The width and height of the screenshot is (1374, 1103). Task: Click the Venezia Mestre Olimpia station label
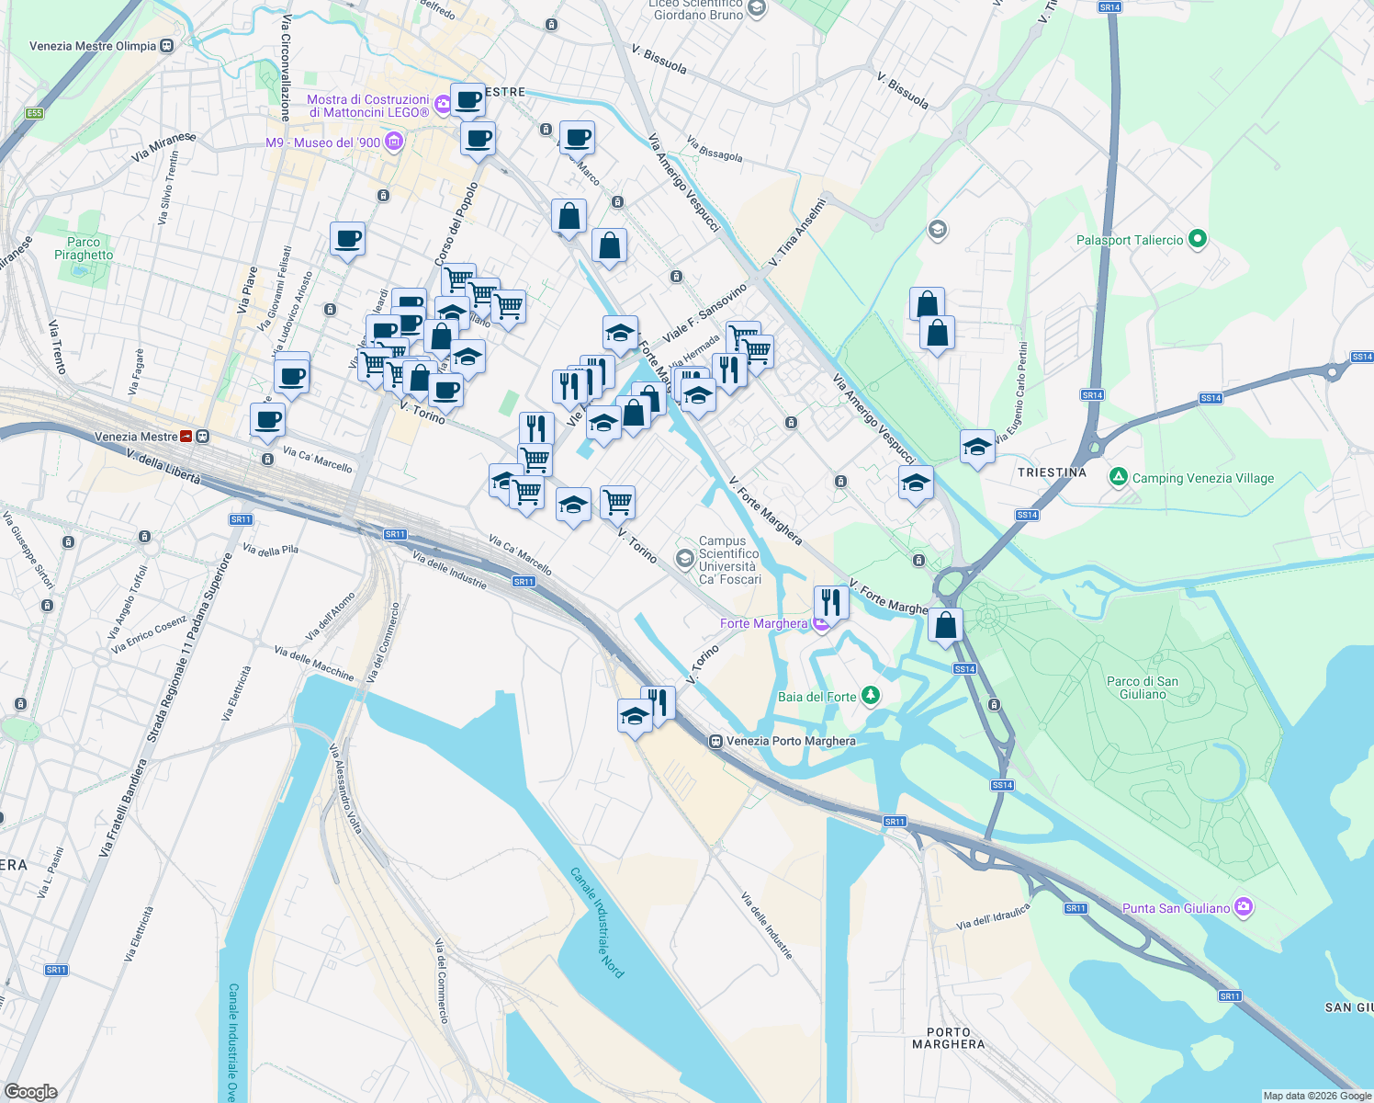tap(93, 46)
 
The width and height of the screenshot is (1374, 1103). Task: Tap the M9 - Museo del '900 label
tap(322, 142)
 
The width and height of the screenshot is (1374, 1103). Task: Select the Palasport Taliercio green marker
tap(1197, 240)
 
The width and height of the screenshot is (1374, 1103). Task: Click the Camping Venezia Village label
tap(1202, 478)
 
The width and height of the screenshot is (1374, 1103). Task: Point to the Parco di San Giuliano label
tap(1143, 688)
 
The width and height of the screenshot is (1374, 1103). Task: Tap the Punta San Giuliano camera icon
tap(1244, 907)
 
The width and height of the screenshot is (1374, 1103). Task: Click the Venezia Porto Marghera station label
tap(790, 741)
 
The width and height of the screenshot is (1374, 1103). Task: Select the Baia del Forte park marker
tap(870, 696)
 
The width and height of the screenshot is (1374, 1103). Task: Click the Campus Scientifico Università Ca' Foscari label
tap(729, 561)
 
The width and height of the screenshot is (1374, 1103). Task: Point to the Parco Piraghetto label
tap(84, 248)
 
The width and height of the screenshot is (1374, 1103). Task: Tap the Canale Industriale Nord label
tap(597, 922)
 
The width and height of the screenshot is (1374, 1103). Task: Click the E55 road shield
tap(34, 113)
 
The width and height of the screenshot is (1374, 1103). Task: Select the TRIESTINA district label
tap(1052, 472)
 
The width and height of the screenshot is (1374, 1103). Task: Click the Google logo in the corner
tap(30, 1091)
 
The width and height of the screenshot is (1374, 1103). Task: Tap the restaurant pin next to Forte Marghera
tap(830, 603)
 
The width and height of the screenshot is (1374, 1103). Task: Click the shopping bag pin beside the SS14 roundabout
tap(945, 625)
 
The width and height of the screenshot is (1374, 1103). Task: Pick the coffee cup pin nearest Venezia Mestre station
tap(267, 420)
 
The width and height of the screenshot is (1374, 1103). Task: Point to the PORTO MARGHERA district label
tap(948, 1038)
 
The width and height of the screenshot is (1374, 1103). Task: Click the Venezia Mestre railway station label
tap(135, 437)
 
